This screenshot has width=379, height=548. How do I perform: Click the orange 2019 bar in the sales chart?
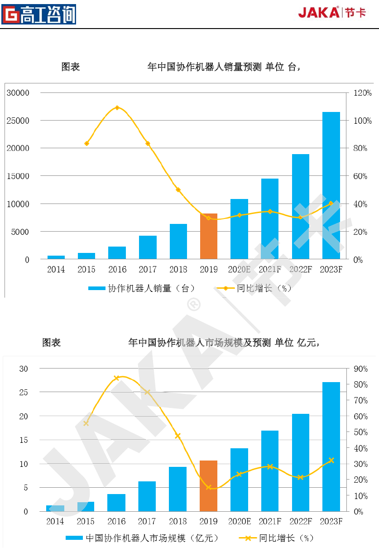pyautogui.click(x=209, y=236)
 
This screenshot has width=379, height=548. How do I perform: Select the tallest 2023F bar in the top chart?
pyautogui.click(x=331, y=185)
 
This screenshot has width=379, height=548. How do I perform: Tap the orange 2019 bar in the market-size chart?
pyautogui.click(x=209, y=486)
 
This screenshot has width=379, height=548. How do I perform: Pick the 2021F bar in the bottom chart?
pyautogui.click(x=270, y=471)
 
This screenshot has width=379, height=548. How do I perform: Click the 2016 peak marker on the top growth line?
pyautogui.click(x=117, y=108)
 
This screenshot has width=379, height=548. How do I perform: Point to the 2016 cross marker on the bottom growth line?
pyautogui.click(x=116, y=378)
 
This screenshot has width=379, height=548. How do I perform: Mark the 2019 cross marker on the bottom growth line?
pyautogui.click(x=209, y=487)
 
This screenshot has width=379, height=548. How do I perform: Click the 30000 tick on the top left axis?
pyautogui.click(x=18, y=93)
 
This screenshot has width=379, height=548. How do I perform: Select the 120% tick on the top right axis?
pyautogui.click(x=363, y=93)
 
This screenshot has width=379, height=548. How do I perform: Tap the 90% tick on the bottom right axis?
pyautogui.click(x=360, y=369)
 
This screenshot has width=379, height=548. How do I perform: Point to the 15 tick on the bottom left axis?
pyautogui.click(x=24, y=440)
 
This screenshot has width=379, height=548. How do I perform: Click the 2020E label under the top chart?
pyautogui.click(x=239, y=270)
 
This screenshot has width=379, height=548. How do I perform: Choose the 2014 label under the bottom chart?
pyautogui.click(x=55, y=522)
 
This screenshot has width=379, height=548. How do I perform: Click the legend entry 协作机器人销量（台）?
pyautogui.click(x=141, y=288)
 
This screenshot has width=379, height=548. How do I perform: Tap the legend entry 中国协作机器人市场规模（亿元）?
pyautogui.click(x=142, y=538)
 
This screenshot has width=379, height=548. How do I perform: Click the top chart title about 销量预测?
pyautogui.click(x=224, y=67)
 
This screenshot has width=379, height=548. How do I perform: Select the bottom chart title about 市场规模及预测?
pyautogui.click(x=224, y=343)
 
